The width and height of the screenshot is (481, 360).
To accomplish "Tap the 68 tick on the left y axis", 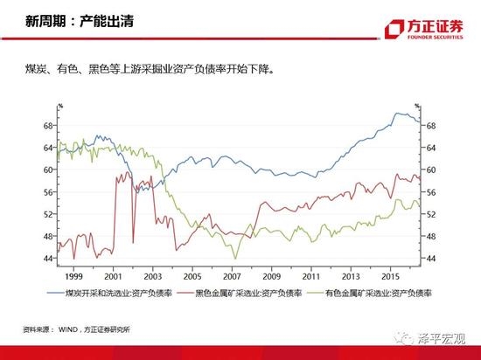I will point(48,125).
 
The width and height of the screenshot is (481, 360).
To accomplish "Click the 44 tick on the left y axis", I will point(48,259).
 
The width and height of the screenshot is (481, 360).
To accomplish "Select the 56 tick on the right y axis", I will point(431,192).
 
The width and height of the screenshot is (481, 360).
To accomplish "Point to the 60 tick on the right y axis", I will point(431,170).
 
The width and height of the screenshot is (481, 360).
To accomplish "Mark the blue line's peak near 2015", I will point(398,114).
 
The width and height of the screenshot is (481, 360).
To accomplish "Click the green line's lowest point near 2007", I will point(234,258).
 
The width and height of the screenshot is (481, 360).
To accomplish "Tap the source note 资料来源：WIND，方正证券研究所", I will point(82,329).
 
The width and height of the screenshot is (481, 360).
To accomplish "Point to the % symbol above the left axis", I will point(60,106).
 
